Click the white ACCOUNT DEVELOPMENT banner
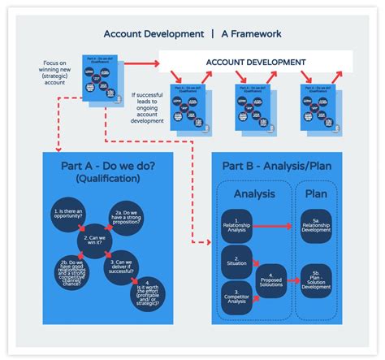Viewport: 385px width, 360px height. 255,62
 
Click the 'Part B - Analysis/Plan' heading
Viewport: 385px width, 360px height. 274,166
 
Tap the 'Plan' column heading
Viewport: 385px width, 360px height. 316,195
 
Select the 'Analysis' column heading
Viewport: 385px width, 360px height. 253,195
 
